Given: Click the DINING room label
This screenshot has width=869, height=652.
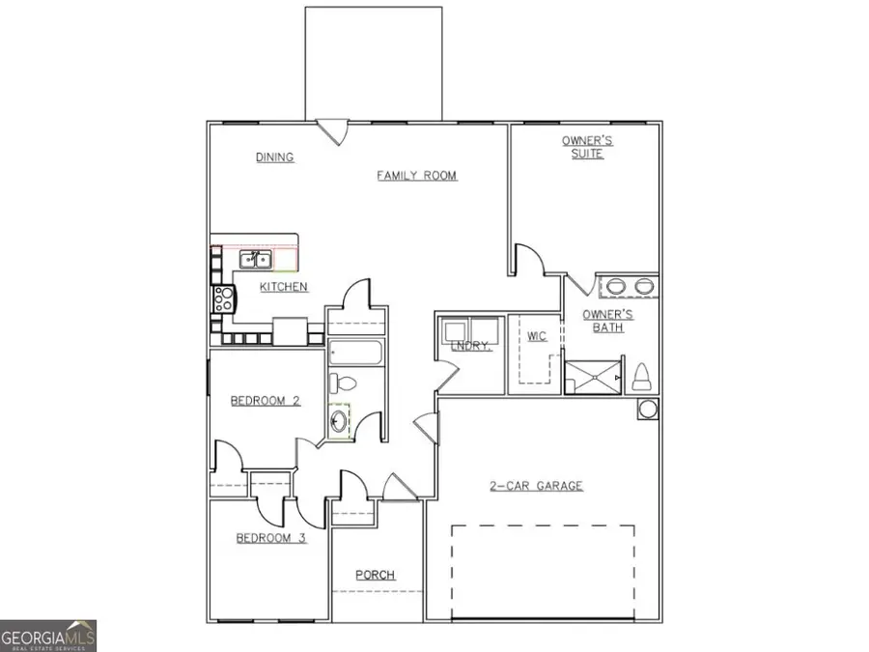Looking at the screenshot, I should [275, 157].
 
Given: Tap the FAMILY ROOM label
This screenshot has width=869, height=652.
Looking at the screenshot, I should [416, 176].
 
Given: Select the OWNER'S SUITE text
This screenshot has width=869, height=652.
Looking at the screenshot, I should [587, 148].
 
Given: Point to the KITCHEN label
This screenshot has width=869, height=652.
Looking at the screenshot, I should [284, 287].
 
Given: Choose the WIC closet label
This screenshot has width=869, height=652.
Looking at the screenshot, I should [537, 336].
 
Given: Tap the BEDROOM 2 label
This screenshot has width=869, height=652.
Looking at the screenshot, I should [265, 400].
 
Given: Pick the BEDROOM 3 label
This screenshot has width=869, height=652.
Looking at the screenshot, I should [271, 538].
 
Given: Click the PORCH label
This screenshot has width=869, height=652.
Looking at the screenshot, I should [376, 575].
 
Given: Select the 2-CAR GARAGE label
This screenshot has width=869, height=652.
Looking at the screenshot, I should [535, 486].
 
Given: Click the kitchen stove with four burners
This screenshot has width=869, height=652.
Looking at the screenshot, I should [222, 298].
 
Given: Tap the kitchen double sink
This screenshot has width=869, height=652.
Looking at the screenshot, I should [255, 259].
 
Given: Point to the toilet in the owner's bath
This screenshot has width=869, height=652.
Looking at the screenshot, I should [641, 377].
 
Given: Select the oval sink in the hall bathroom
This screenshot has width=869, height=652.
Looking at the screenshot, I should [339, 421].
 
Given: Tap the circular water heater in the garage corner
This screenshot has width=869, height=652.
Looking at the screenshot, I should [647, 409].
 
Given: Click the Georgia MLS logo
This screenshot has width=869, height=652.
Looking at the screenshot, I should [48, 637].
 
